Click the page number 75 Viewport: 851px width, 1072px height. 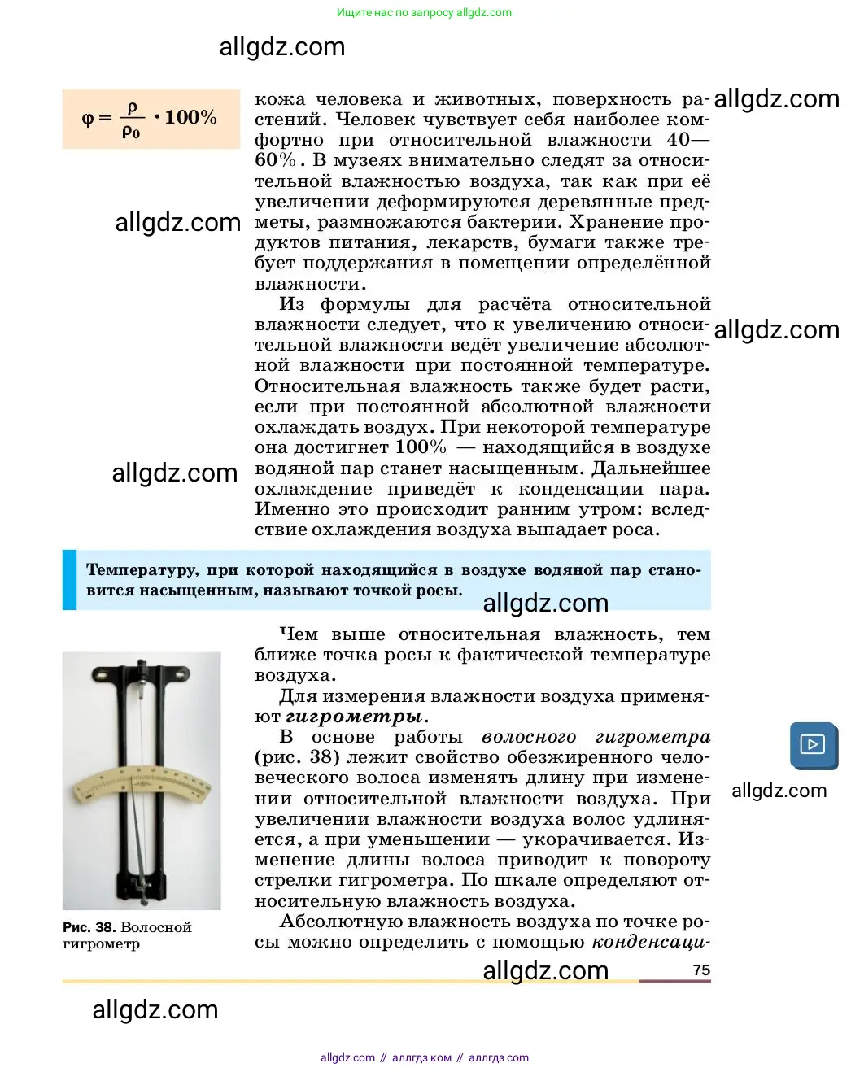[701, 970]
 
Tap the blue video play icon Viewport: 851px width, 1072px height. [813, 744]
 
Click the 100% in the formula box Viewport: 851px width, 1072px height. [190, 117]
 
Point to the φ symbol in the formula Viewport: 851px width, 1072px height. [88, 119]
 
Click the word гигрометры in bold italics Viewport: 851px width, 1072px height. [354, 717]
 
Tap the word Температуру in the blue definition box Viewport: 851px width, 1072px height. [141, 569]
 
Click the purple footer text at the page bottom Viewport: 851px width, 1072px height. [424, 1057]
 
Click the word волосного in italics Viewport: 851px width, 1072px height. [529, 737]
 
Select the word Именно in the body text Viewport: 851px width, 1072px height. [291, 509]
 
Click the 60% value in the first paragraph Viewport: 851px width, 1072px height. [275, 160]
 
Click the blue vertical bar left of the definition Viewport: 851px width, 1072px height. [69, 580]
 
